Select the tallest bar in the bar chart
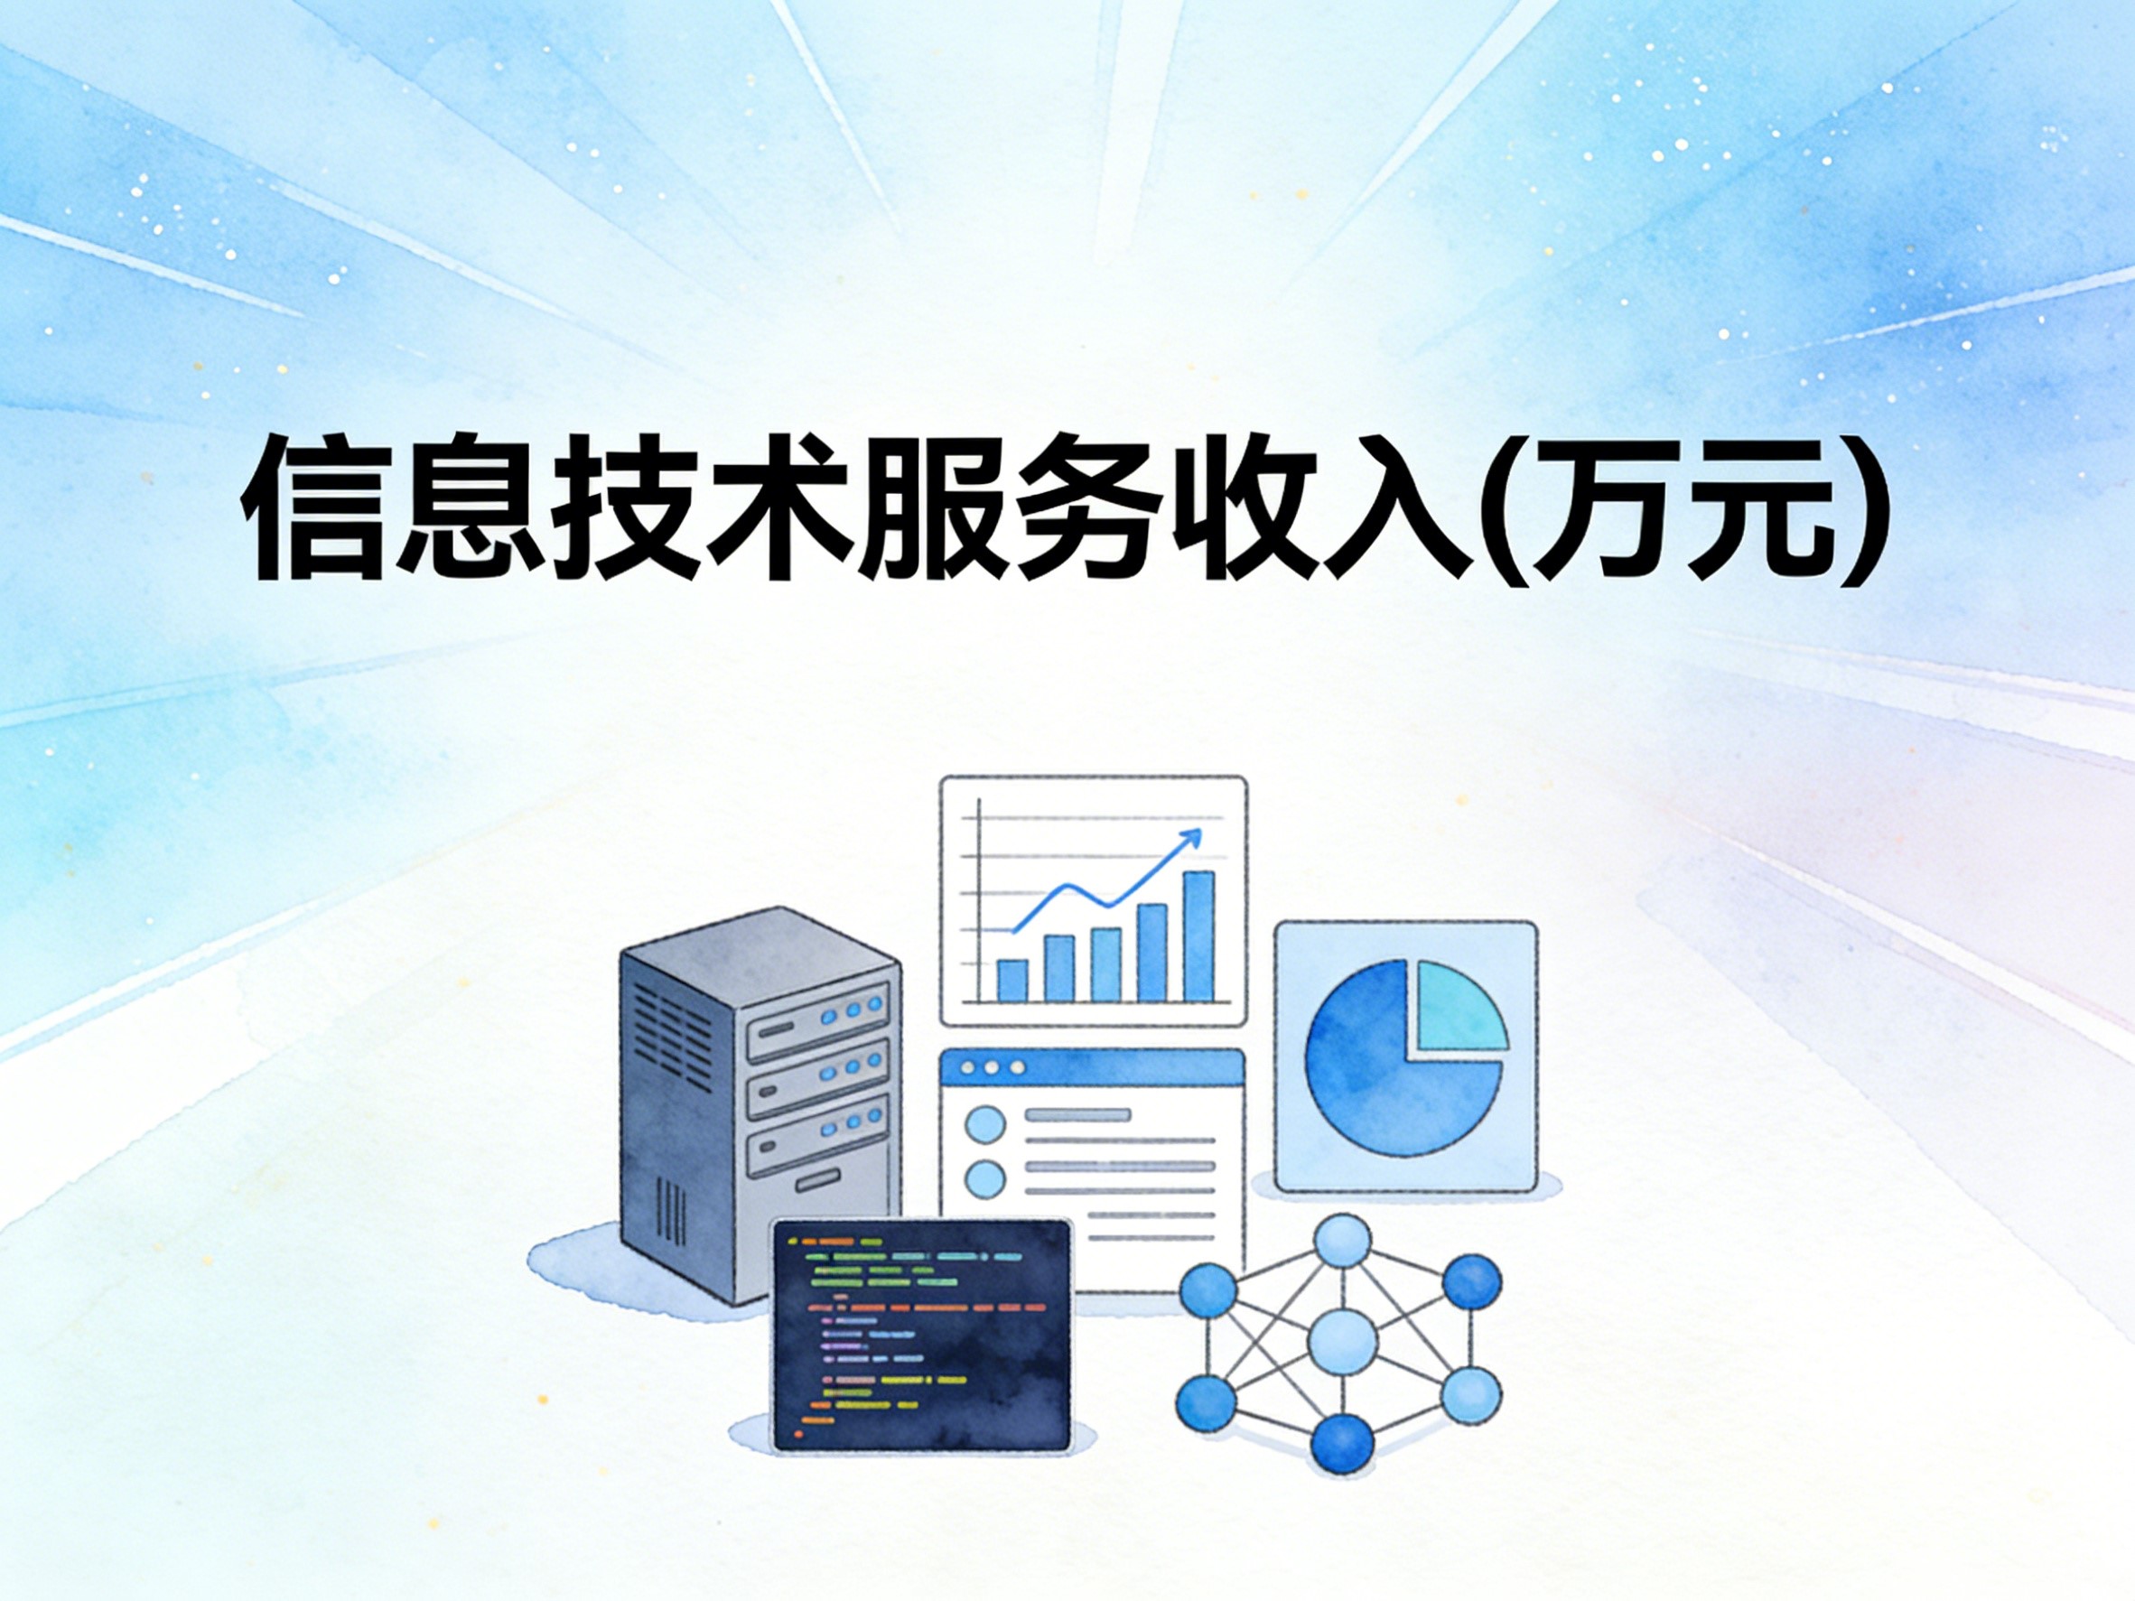(x=1198, y=936)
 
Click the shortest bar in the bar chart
(x=1012, y=980)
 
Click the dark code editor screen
(x=922, y=1336)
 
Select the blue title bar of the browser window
(x=1092, y=1069)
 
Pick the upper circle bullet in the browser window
(x=985, y=1124)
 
